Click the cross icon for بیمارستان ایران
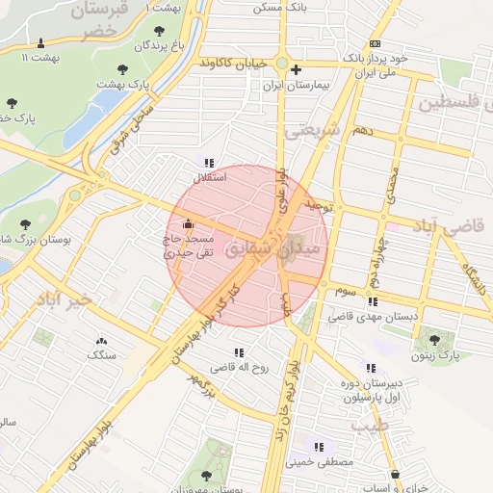297,69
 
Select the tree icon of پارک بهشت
122,68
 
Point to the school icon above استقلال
210,162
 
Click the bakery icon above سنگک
101,341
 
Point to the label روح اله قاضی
238,367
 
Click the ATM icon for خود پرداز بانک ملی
375,44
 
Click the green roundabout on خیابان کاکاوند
281,64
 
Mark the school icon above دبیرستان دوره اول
371,368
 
